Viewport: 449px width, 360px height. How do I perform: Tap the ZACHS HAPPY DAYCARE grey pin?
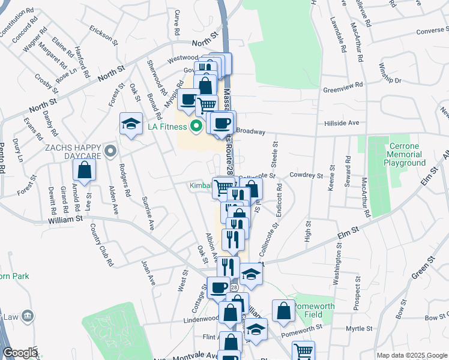coord(109,152)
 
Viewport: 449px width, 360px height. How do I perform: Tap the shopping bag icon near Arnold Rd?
coord(85,170)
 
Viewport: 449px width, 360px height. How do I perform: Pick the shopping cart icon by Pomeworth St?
coord(303,350)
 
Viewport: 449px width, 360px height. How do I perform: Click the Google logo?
coord(20,353)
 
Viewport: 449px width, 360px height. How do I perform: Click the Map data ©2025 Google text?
coord(412,355)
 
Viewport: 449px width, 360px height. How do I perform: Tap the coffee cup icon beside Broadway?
coord(222,123)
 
